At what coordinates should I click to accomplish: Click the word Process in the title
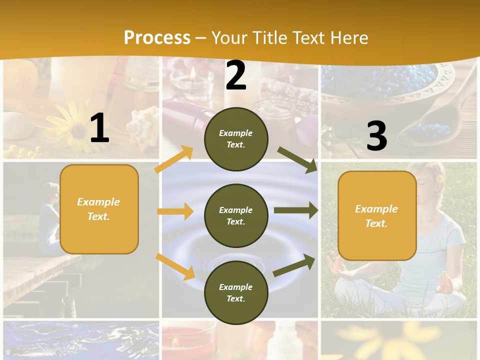(157, 37)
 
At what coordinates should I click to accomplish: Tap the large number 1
(99, 128)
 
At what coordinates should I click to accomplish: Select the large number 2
(236, 75)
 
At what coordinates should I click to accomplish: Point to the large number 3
(376, 136)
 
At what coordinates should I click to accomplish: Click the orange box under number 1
(99, 209)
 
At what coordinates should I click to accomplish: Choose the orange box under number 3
(377, 216)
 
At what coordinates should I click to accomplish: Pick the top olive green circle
(236, 139)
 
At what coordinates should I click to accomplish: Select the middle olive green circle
(236, 215)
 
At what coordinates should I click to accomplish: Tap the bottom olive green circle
(236, 292)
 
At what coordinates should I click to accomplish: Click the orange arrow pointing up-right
(174, 159)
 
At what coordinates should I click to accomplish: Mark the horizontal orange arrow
(175, 211)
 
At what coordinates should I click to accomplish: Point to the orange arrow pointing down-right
(175, 266)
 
